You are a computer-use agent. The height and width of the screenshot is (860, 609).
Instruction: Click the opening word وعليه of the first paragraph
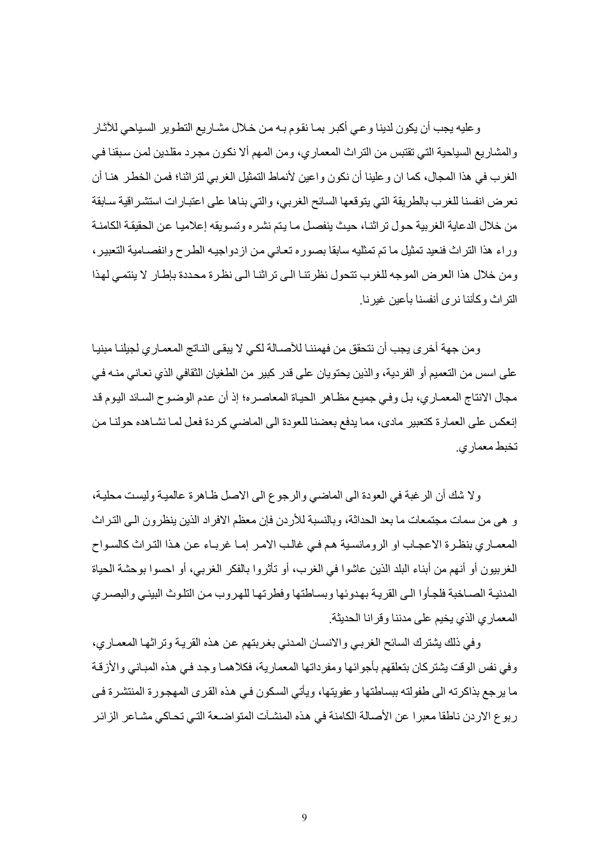471,129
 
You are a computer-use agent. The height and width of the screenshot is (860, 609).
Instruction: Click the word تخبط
507,447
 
